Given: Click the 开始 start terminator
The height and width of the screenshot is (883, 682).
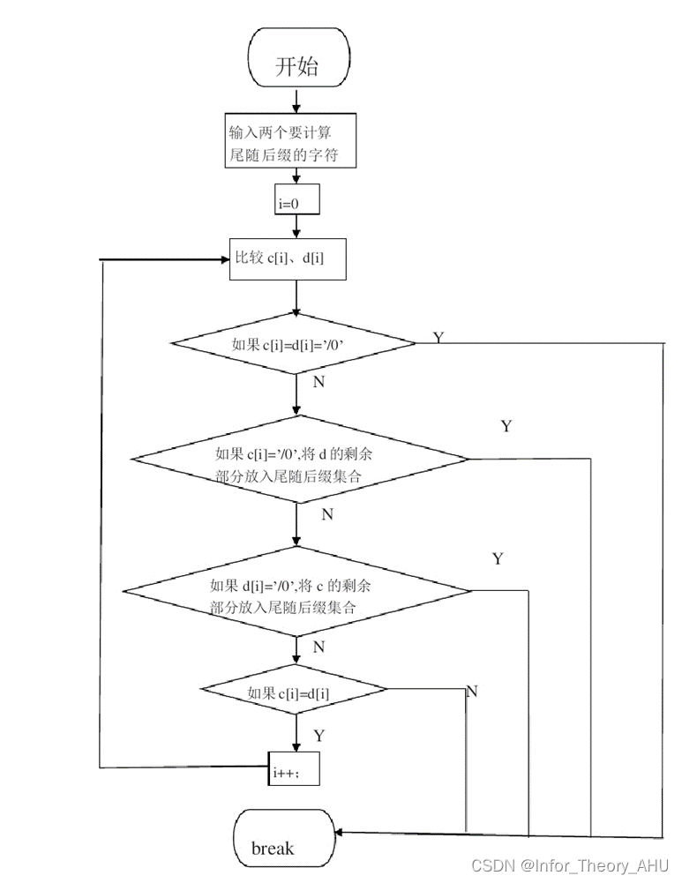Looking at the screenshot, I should click(297, 66).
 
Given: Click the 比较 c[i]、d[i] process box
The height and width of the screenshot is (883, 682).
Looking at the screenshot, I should click(288, 259).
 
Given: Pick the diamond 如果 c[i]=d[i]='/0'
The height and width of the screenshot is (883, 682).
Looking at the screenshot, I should click(293, 343).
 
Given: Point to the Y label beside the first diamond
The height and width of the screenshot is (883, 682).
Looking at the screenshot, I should click(438, 338).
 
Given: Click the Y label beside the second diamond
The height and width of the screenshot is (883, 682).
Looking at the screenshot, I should click(506, 426).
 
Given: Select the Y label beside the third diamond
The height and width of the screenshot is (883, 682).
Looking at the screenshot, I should click(498, 559).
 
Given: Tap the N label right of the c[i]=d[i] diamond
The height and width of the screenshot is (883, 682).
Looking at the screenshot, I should click(471, 691).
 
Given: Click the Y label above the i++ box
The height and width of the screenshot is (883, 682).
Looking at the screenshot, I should click(319, 735).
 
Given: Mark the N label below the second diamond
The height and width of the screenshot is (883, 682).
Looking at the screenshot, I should click(326, 514).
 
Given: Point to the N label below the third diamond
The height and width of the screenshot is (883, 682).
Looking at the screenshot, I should click(319, 647).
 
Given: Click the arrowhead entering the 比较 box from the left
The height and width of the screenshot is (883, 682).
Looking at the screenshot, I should click(223, 260).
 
